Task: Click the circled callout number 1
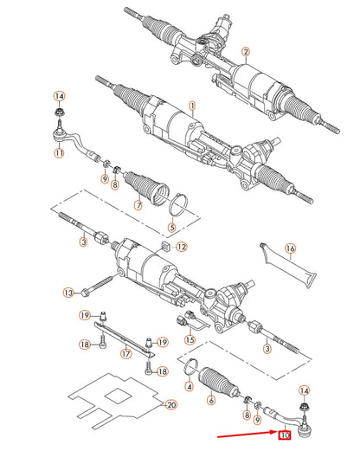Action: pyautogui.click(x=192, y=106)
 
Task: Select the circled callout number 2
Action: pyautogui.click(x=246, y=52)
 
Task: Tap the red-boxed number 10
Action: pyautogui.click(x=285, y=435)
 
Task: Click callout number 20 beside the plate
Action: pyautogui.click(x=171, y=405)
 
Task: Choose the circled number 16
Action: pyautogui.click(x=290, y=248)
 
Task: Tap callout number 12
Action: pyautogui.click(x=182, y=247)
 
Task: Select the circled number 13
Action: pyautogui.click(x=68, y=293)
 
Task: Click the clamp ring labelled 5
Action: pyautogui.click(x=178, y=205)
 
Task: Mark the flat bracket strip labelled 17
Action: pyautogui.click(x=125, y=340)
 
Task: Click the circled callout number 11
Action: pyautogui.click(x=59, y=152)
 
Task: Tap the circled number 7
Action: pyautogui.click(x=138, y=205)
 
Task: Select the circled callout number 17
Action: pyautogui.click(x=126, y=353)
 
